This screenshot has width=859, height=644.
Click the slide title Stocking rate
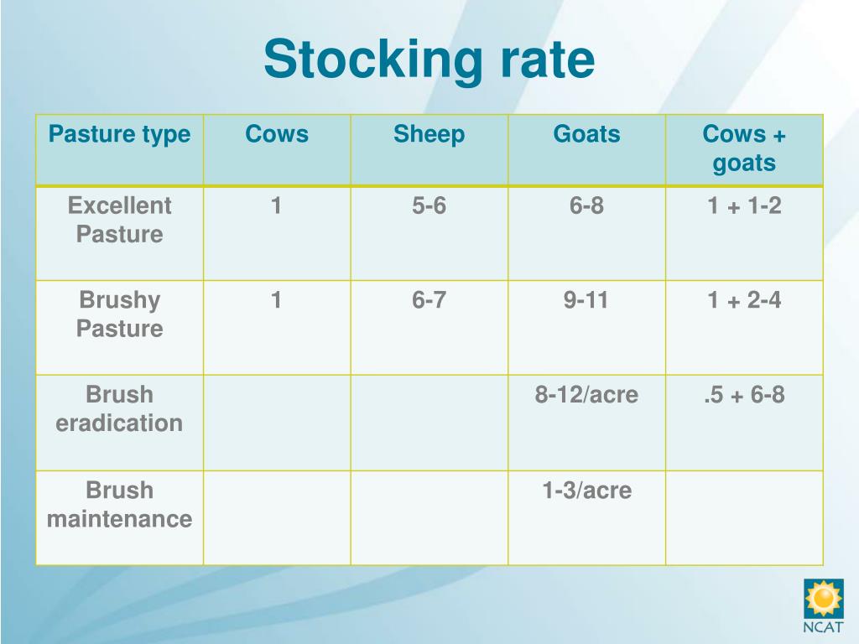click(x=429, y=60)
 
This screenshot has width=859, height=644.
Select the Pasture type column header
click(x=119, y=134)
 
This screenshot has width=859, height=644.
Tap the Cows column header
click(x=276, y=134)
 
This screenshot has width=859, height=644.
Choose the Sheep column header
click(x=429, y=134)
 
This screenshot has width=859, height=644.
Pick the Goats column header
click(x=586, y=134)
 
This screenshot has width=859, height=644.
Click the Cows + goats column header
click(x=744, y=148)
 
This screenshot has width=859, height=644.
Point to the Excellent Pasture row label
click(x=119, y=220)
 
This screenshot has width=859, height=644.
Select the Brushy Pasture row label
click(x=119, y=314)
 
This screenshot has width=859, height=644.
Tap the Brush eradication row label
click(x=119, y=408)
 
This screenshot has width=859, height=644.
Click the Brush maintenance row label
click(x=119, y=504)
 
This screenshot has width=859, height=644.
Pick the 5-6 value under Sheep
click(x=429, y=206)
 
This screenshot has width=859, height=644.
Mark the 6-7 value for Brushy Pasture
click(x=429, y=300)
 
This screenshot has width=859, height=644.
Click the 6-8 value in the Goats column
click(x=586, y=206)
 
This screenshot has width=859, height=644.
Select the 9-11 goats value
click(x=586, y=300)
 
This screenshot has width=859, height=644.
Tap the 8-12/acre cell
click(x=586, y=395)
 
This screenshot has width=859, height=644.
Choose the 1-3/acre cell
click(x=586, y=491)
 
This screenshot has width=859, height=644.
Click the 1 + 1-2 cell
click(x=744, y=206)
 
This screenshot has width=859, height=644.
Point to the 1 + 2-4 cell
click(x=744, y=300)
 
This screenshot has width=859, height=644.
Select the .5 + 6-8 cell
click(x=744, y=395)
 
